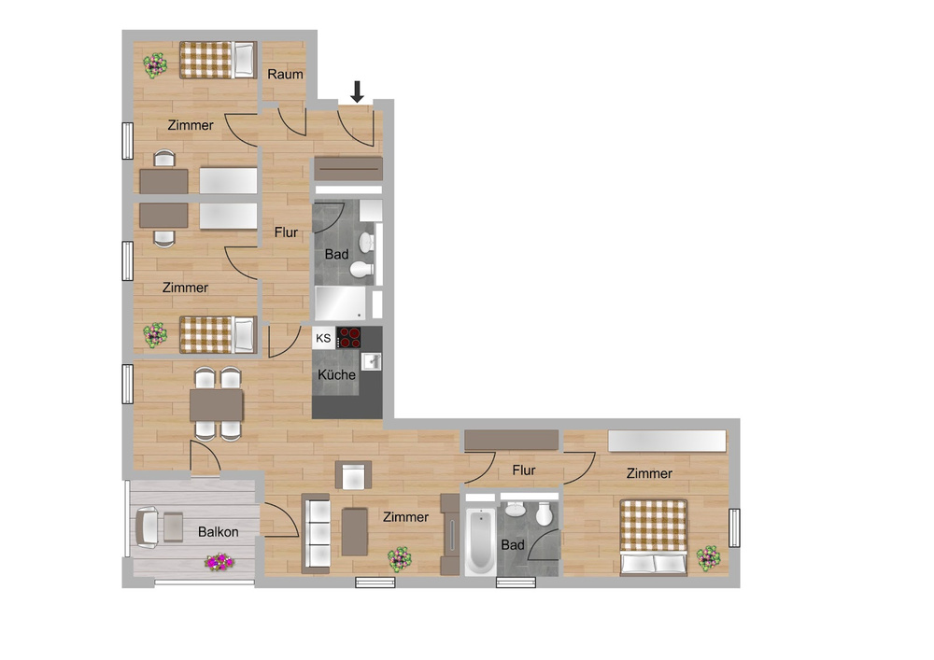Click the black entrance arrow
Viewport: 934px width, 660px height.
click(x=357, y=91)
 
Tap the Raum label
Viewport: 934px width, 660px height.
click(x=285, y=74)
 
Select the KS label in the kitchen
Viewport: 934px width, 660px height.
click(x=323, y=338)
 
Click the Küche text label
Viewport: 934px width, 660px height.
click(x=336, y=374)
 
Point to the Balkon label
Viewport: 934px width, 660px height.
click(x=218, y=532)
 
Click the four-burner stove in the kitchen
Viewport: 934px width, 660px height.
click(x=350, y=338)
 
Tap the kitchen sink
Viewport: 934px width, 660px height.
click(x=371, y=361)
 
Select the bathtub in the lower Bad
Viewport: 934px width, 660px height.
click(x=479, y=541)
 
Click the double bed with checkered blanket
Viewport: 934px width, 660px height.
click(x=654, y=537)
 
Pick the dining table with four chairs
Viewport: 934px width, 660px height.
click(x=217, y=405)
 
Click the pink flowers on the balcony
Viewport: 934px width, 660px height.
click(x=219, y=562)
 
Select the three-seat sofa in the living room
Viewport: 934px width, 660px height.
click(x=316, y=533)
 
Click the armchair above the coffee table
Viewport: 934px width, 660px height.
click(x=354, y=476)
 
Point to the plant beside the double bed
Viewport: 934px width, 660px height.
click(x=708, y=558)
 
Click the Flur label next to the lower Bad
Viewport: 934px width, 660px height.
click(x=524, y=470)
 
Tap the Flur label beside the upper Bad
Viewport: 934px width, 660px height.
click(x=286, y=232)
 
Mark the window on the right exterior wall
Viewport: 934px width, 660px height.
click(x=735, y=529)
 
